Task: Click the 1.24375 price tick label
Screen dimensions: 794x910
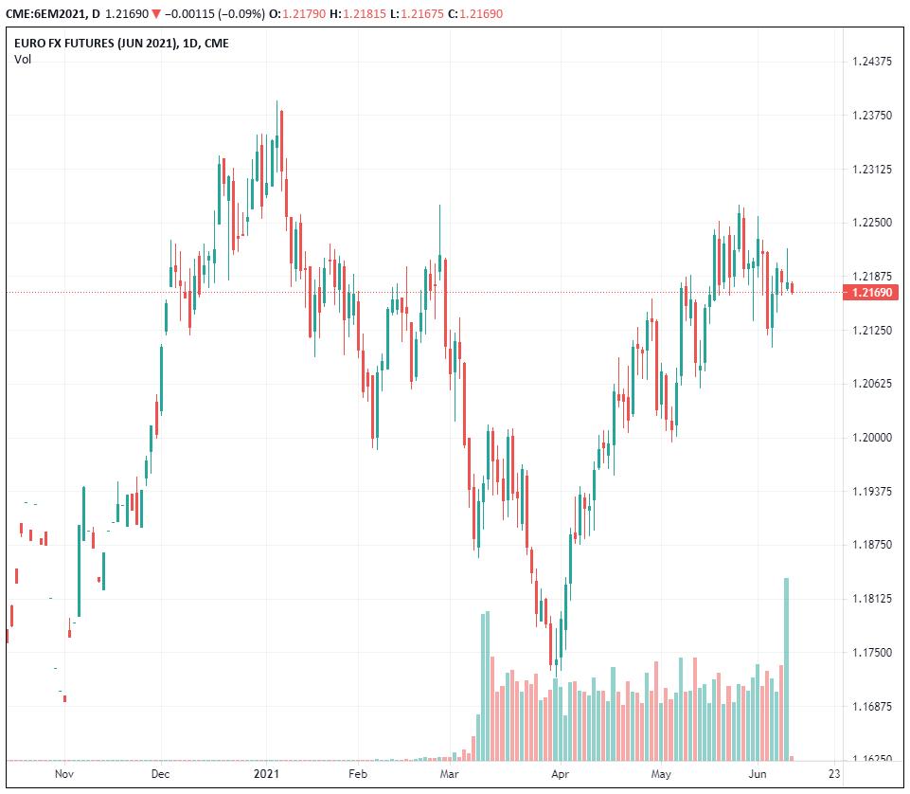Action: pos(872,62)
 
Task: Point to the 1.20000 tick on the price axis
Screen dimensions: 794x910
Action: pos(872,438)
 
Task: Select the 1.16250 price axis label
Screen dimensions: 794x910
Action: pos(872,760)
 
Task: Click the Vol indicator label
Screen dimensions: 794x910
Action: pos(22,60)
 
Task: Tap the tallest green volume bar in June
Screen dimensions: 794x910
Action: pos(786,668)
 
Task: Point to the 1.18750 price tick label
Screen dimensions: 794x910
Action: pos(872,545)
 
